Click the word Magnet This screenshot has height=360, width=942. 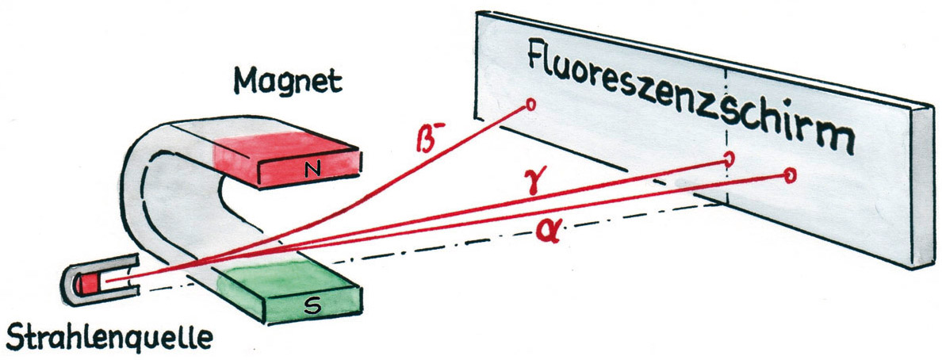tap(288, 81)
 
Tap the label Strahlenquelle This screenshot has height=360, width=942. tap(109, 337)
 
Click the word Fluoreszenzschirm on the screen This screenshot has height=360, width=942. tap(691, 96)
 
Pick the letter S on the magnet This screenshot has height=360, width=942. tap(312, 307)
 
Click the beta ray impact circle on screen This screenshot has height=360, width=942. tap(530, 105)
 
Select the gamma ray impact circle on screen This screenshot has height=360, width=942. tap(729, 159)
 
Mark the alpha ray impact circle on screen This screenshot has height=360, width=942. tap(791, 175)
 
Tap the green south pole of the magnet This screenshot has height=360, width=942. tap(289, 292)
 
